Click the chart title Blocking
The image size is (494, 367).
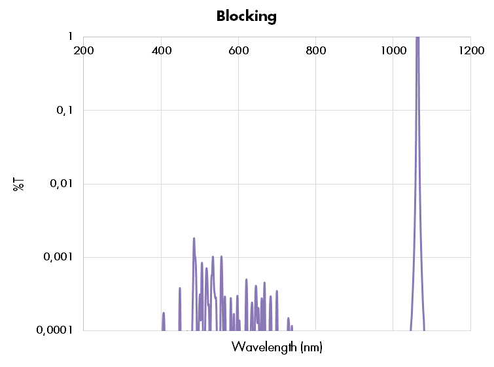[247, 16]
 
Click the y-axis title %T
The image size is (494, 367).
[19, 184]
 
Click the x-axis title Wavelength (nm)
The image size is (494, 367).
[277, 347]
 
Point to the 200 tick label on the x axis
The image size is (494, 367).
[84, 51]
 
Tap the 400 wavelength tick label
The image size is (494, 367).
[161, 51]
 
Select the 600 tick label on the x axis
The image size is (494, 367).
[238, 51]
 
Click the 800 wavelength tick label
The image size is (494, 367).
[316, 51]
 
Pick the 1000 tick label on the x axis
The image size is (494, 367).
[392, 51]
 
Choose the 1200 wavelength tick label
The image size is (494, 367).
[471, 51]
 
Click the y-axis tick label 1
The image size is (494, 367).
[70, 37]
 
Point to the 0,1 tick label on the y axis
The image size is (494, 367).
[64, 111]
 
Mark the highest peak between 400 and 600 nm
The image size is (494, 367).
[194, 239]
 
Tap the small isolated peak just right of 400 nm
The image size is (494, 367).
[164, 315]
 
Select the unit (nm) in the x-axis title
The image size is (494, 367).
[311, 347]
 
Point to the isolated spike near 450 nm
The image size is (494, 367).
[180, 289]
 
